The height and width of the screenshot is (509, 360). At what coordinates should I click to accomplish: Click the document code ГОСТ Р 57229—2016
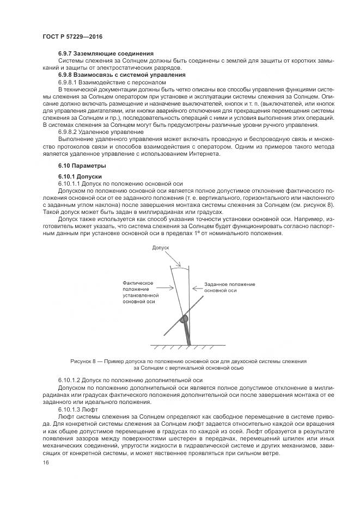(x=72, y=36)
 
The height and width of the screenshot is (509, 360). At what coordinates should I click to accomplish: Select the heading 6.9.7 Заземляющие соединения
(x=106, y=53)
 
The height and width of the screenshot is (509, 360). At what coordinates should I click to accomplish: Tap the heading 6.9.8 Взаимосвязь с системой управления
(x=121, y=74)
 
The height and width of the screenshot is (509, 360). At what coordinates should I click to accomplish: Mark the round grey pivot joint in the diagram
(x=185, y=318)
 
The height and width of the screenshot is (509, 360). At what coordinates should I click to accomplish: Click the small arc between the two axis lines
(x=180, y=266)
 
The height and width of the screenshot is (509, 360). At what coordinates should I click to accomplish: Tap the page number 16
(x=46, y=462)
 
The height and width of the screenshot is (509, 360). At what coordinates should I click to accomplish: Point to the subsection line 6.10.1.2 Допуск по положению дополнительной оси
(x=130, y=379)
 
